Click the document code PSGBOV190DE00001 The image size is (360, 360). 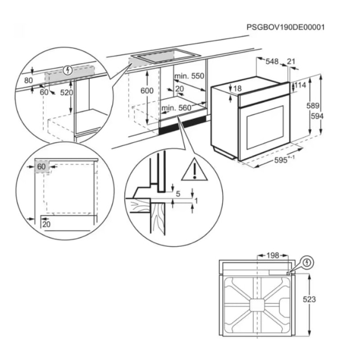[286, 27]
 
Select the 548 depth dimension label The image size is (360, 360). [272, 62]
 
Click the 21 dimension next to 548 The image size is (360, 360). [291, 61]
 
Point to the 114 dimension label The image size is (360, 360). [300, 85]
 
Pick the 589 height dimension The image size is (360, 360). [313, 106]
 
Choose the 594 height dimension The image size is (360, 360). [317, 116]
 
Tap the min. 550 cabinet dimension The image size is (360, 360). [189, 76]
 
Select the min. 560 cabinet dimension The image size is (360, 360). [176, 108]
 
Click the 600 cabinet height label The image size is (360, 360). [147, 91]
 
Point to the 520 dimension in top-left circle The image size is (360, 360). [67, 93]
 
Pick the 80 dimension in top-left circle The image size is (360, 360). [28, 81]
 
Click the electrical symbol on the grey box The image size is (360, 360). [67, 70]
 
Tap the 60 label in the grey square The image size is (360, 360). [41, 166]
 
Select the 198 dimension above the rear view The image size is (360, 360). [273, 256]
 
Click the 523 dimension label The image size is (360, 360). [309, 299]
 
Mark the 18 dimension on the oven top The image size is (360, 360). [238, 88]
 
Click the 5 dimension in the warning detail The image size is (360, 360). [178, 194]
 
